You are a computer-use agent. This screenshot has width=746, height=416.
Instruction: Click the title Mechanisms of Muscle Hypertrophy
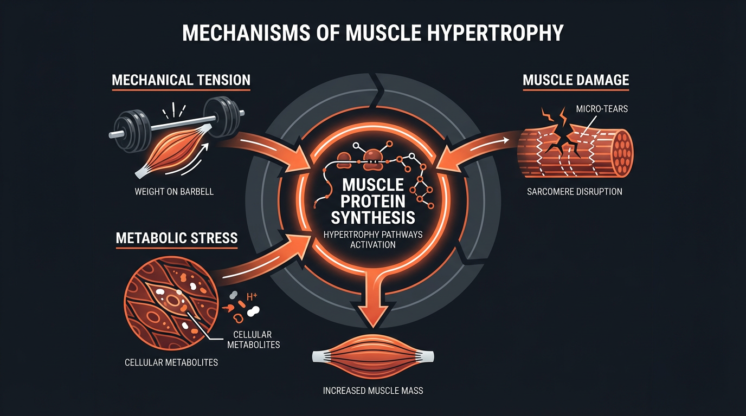coord(373,33)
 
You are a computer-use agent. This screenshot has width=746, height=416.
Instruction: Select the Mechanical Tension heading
coord(181,80)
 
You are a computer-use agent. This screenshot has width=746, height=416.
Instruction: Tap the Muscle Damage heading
coord(575,80)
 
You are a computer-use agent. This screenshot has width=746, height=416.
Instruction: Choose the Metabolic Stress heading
coord(177,238)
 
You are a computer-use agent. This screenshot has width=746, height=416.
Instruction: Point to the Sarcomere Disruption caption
coord(574,191)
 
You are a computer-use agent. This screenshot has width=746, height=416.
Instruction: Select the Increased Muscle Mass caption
coord(373,391)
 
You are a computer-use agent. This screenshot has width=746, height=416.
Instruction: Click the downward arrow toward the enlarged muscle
coord(373,303)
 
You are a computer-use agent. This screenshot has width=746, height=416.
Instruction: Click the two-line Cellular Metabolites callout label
coord(256,339)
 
